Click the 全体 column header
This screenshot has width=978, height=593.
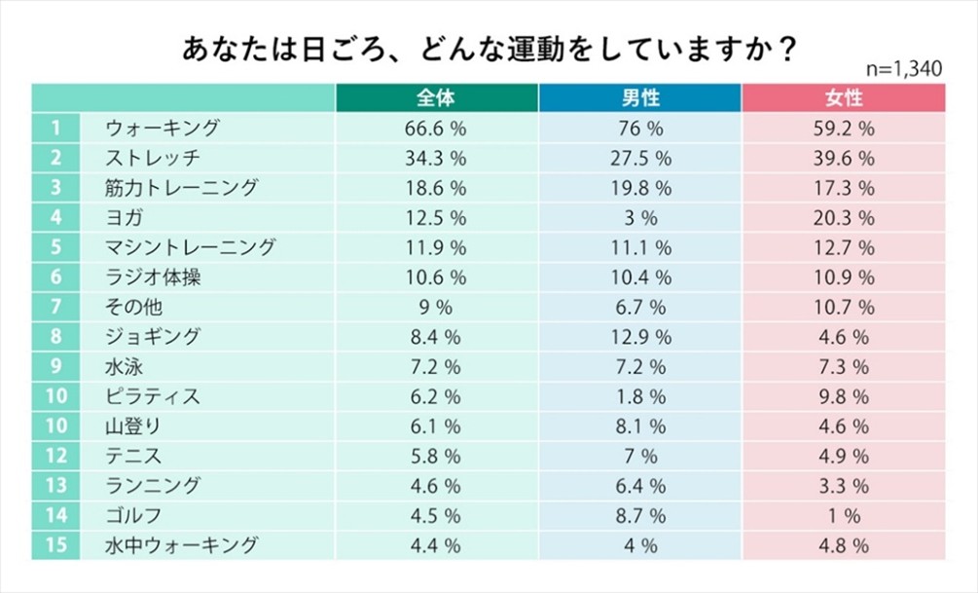tap(436, 98)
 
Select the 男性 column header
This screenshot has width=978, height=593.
tap(639, 98)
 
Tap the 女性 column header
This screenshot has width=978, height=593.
tap(843, 98)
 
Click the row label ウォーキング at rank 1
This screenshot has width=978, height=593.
tap(163, 128)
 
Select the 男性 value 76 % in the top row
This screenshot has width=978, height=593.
tap(639, 128)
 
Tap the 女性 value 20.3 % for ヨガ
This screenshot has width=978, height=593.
tap(843, 217)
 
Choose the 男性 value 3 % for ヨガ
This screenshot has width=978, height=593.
tap(639, 217)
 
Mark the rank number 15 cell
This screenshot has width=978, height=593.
tap(57, 545)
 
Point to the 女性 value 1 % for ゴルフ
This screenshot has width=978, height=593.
tap(843, 515)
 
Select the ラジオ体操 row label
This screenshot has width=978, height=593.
tap(153, 277)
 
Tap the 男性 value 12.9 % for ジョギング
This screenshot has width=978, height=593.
tap(639, 337)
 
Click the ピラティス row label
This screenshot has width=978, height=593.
tap(152, 396)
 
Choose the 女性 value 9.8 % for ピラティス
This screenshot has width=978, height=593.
tap(843, 396)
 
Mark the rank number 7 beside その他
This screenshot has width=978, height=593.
tap(57, 307)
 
